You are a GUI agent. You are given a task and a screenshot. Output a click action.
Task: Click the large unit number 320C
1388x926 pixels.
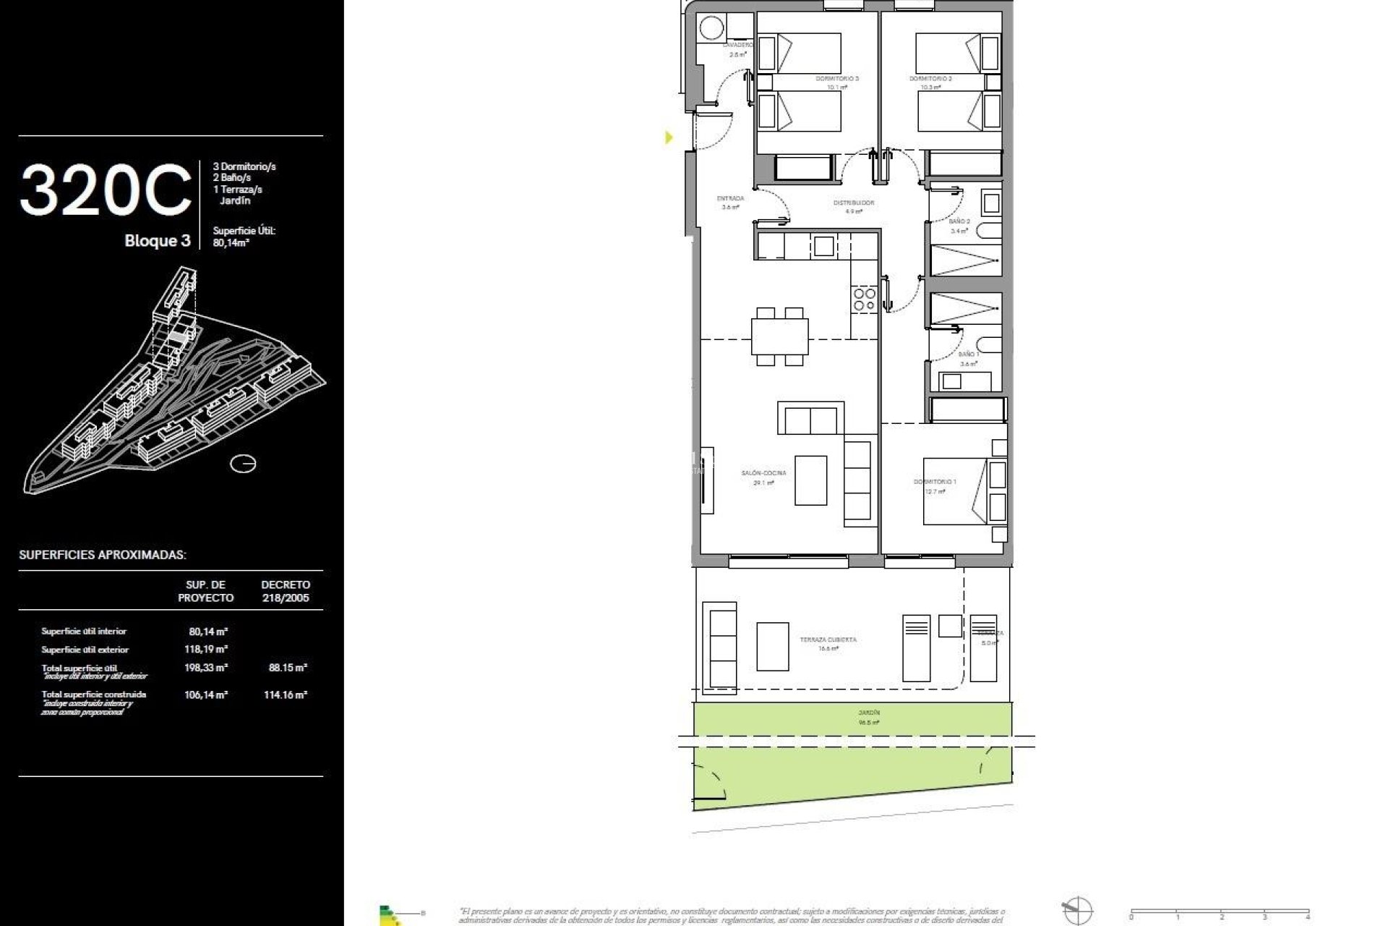106,190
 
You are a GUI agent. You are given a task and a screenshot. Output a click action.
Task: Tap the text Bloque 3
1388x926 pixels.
157,241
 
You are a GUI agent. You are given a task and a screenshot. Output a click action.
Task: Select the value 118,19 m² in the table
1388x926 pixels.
206,650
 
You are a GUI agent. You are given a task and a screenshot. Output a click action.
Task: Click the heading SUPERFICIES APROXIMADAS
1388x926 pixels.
103,555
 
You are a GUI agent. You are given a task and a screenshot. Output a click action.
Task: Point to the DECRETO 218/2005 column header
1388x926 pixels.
286,591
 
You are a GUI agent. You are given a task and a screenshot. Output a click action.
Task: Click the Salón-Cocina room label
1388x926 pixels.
763,473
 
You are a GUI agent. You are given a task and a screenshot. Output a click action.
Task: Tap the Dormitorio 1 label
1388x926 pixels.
934,482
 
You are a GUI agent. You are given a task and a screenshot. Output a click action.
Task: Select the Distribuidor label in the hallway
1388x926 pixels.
854,203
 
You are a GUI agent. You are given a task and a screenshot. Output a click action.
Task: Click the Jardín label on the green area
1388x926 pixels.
869,713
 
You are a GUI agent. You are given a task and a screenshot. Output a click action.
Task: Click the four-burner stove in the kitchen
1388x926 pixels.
864,300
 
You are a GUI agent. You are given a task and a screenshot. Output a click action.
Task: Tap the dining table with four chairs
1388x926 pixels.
779,336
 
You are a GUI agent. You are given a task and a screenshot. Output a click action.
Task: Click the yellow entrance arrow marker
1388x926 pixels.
669,137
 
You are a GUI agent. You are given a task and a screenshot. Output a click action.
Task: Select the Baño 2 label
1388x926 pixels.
959,221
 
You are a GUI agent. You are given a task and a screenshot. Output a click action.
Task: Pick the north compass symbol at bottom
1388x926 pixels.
1076,909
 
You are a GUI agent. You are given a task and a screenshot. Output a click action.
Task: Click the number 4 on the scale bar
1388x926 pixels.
1308,917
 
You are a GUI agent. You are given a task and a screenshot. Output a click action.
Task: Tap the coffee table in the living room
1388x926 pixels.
810,480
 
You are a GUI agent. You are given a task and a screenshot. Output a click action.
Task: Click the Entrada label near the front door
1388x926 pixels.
730,198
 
